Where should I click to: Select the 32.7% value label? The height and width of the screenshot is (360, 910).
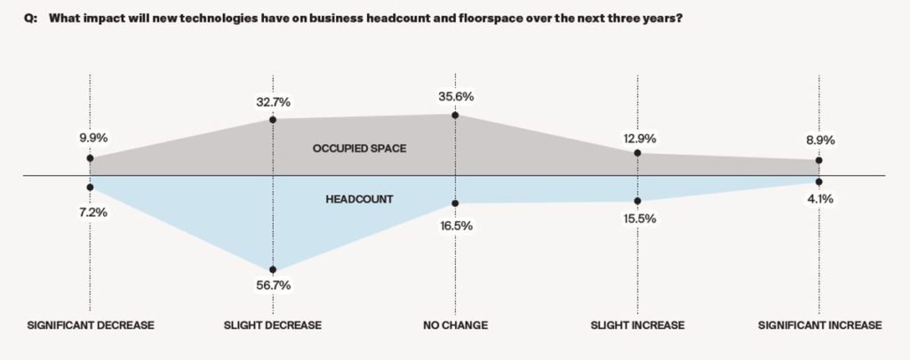pos(273,102)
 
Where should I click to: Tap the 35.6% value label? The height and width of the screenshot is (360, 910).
pos(456,99)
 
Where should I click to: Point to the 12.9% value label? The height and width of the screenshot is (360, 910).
pos(637,138)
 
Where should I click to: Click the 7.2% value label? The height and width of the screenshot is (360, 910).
pos(91,213)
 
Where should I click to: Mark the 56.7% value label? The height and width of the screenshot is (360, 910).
pos(273,285)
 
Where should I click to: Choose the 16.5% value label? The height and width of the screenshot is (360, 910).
pos(456,226)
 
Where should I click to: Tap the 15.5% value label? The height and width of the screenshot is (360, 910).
pos(637,218)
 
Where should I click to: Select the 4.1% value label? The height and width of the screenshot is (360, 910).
pos(819,199)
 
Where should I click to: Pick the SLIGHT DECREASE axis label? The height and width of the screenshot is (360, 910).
pos(273,325)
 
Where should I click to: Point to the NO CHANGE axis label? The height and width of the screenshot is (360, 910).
pos(455,325)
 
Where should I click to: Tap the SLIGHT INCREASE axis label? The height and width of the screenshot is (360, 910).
pos(637,325)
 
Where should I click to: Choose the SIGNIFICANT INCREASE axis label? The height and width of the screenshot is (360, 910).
pos(819,325)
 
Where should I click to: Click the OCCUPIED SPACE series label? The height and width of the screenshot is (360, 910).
pos(360,148)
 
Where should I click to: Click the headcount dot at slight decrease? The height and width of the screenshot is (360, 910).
pos(273,269)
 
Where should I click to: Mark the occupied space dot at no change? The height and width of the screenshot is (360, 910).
pos(455,115)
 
